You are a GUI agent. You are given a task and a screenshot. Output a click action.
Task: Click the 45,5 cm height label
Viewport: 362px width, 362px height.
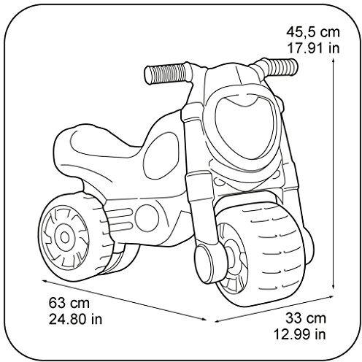pos(312,32)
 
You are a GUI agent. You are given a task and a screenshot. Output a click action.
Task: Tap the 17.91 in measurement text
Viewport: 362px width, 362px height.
pos(313,48)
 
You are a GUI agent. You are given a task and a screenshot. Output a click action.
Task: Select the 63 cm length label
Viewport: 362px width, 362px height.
pos(69,303)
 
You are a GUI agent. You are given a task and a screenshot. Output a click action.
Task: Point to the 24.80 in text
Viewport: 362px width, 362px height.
pos(75,319)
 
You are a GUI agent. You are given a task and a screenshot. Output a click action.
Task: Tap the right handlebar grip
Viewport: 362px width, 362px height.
pos(281,66)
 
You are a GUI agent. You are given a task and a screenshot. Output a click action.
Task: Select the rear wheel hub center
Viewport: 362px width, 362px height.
pos(64,237)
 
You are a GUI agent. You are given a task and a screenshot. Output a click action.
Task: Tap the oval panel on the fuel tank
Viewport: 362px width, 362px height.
pos(161,156)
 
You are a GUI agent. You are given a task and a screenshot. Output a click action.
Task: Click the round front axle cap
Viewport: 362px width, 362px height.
pos(207,263)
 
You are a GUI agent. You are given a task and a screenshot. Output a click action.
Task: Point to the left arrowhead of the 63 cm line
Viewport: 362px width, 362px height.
pos(45,281)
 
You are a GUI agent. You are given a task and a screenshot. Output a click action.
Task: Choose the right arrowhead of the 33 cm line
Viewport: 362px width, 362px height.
pos(330,296)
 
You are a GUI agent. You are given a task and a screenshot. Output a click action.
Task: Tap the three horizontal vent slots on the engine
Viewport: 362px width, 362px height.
pos(119,217)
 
